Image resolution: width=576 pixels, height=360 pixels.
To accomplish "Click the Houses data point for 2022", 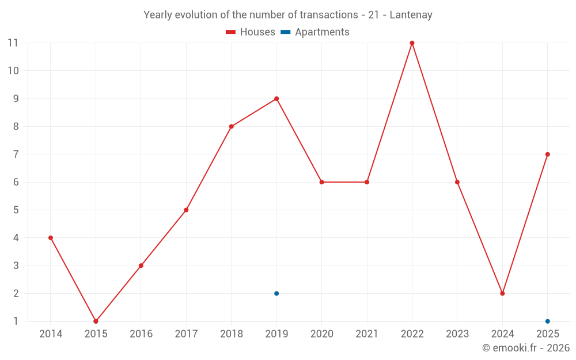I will pyautogui.click(x=412, y=43).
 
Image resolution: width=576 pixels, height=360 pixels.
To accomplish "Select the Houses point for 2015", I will pyautogui.click(x=96, y=321).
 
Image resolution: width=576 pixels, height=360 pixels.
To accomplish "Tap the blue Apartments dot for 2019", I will pyautogui.click(x=276, y=293).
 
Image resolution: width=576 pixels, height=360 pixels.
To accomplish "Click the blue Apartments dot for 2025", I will pyautogui.click(x=547, y=321).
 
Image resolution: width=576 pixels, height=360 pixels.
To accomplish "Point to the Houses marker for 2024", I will pyautogui.click(x=502, y=293).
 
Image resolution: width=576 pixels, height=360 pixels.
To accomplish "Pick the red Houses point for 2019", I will pyautogui.click(x=276, y=98).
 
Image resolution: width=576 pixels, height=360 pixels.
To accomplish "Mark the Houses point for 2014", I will pyautogui.click(x=51, y=238).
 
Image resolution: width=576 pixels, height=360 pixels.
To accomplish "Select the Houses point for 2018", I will pyautogui.click(x=231, y=127).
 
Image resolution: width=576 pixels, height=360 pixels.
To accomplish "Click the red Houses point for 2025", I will pyautogui.click(x=547, y=154).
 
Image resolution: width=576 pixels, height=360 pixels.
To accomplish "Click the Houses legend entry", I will pyautogui.click(x=251, y=32).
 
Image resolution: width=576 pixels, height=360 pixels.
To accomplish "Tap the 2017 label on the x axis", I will pyautogui.click(x=186, y=334).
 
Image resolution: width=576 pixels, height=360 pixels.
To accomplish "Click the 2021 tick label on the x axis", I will pyautogui.click(x=367, y=334).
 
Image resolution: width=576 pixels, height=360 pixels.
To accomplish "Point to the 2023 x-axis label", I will pyautogui.click(x=457, y=334).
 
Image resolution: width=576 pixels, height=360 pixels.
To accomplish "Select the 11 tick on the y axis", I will pyautogui.click(x=13, y=43).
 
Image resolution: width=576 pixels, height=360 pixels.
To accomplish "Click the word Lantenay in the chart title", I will pyautogui.click(x=411, y=15).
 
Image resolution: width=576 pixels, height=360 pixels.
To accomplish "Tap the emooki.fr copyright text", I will pyautogui.click(x=526, y=348).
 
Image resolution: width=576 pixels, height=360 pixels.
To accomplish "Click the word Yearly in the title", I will pyautogui.click(x=157, y=15).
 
